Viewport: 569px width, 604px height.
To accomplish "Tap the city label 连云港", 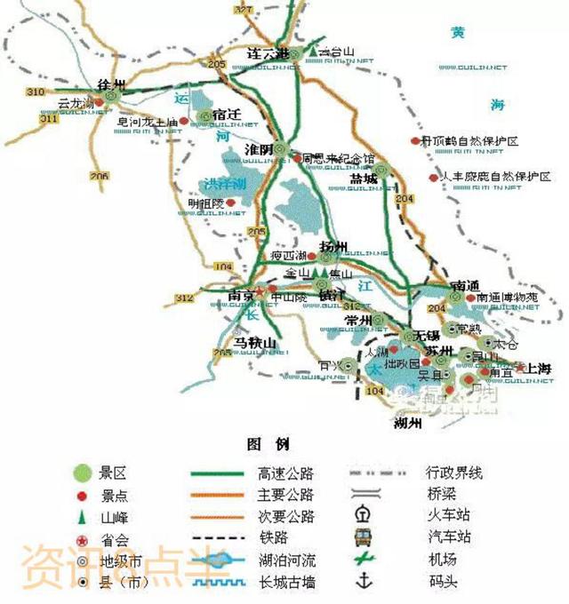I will tap(268, 53).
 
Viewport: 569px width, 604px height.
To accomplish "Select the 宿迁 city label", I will tap(228, 115).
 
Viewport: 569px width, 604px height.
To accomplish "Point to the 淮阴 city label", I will tap(259, 151).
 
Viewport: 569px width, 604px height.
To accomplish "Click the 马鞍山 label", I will tap(256, 343).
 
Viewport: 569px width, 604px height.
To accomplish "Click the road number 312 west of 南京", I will tap(184, 298).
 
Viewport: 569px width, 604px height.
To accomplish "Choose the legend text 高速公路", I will tap(285, 473).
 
